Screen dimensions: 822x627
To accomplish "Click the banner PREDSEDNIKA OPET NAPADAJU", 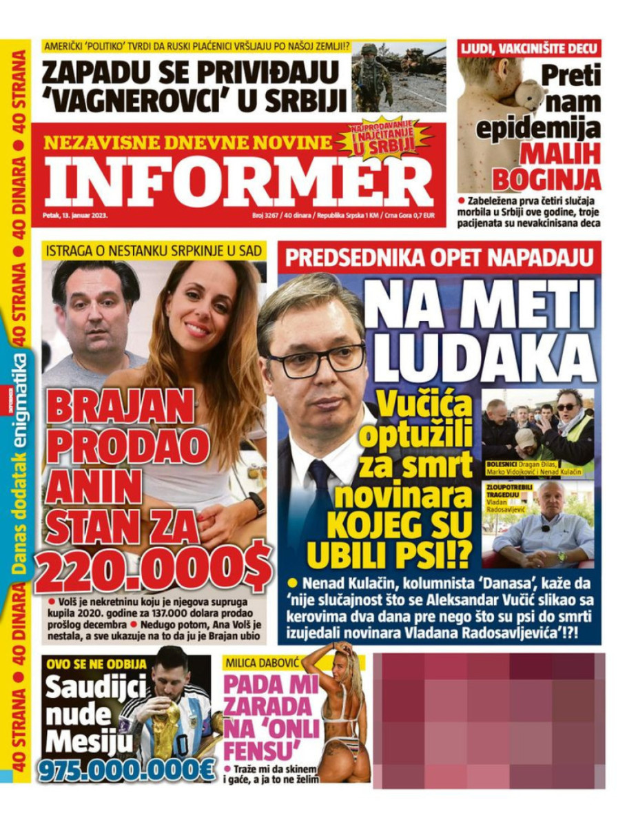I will tap(439, 258).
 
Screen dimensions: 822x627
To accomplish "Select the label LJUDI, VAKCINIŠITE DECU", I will tap(529, 48).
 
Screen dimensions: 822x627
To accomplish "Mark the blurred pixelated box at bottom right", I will tap(489, 720).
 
